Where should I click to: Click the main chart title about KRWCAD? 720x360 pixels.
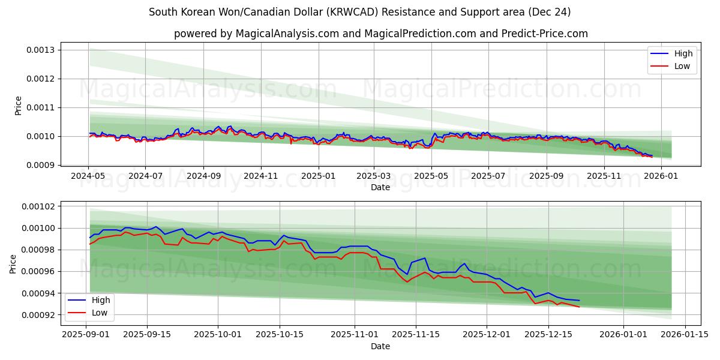click(360, 12)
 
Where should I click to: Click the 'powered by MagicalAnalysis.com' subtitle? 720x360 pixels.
click(381, 34)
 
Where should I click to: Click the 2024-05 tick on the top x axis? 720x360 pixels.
click(89, 176)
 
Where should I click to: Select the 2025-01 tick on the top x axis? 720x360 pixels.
click(318, 176)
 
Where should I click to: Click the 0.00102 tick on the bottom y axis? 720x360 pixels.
click(38, 206)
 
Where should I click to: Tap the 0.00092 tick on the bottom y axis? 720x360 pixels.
click(38, 315)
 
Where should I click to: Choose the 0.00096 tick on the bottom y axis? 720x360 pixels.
click(38, 271)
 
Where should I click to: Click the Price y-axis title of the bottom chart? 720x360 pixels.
click(13, 263)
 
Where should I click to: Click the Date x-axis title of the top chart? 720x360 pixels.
click(380, 187)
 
